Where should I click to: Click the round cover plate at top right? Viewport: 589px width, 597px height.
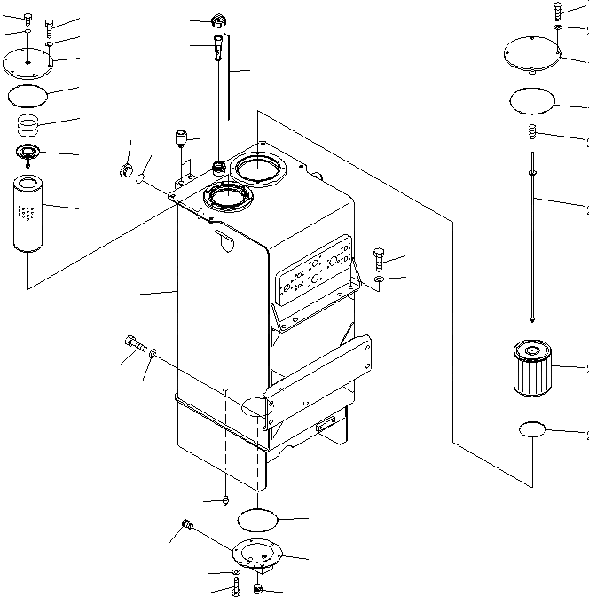tap(531, 52)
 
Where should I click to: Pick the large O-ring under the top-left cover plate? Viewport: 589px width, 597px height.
tap(27, 94)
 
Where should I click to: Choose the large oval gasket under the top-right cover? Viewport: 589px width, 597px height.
tap(532, 101)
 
